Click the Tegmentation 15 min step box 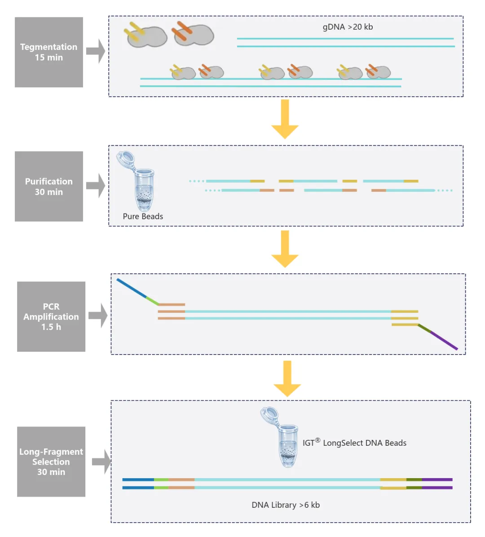pyautogui.click(x=48, y=52)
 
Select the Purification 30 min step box pyautogui.click(x=48, y=186)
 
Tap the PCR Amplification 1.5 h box pyautogui.click(x=51, y=316)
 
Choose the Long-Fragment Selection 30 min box pyautogui.click(x=51, y=462)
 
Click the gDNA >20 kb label pyautogui.click(x=348, y=27)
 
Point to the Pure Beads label pyautogui.click(x=143, y=216)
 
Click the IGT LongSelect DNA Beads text pyautogui.click(x=354, y=443)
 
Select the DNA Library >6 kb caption pyautogui.click(x=286, y=505)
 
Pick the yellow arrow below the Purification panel pyautogui.click(x=285, y=249)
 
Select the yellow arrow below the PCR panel pyautogui.click(x=287, y=378)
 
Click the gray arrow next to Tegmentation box pyautogui.click(x=95, y=51)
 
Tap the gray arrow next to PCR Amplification pyautogui.click(x=97, y=315)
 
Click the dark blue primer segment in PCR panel pyautogui.click(x=131, y=288)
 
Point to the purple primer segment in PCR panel pyautogui.click(x=444, y=341)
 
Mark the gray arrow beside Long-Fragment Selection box pyautogui.click(x=101, y=462)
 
